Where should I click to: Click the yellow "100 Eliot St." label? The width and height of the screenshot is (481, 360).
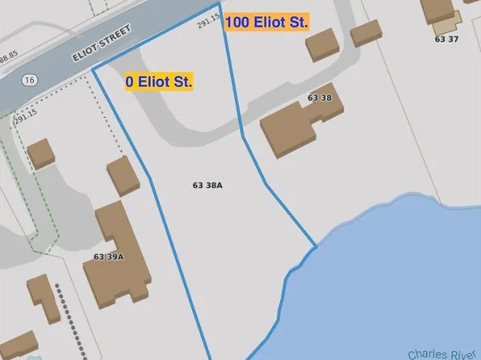266,22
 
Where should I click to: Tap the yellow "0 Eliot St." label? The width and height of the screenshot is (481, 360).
158,82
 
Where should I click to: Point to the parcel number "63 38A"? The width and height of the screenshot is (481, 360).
207,186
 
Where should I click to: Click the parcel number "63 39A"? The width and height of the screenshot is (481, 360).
108,257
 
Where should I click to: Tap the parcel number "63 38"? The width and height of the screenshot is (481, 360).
320,98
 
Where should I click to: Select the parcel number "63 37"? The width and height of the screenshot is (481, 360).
446,38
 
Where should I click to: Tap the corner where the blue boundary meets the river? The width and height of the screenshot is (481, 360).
315,245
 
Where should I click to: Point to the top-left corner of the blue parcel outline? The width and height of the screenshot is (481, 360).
93,69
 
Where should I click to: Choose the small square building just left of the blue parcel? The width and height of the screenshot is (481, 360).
123,175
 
